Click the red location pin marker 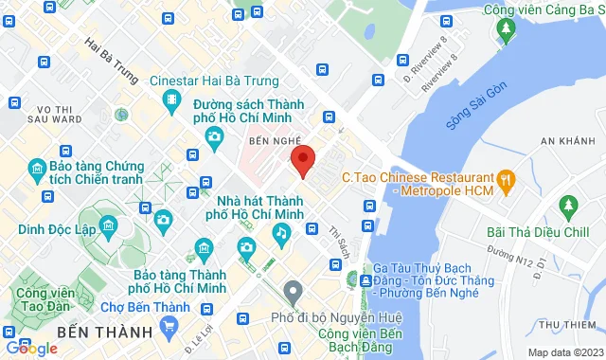(x=302, y=159)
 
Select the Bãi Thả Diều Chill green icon (x=568, y=205)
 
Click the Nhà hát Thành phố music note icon (x=280, y=232)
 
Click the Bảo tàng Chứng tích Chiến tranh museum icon (x=38, y=171)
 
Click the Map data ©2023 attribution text (x=563, y=352)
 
